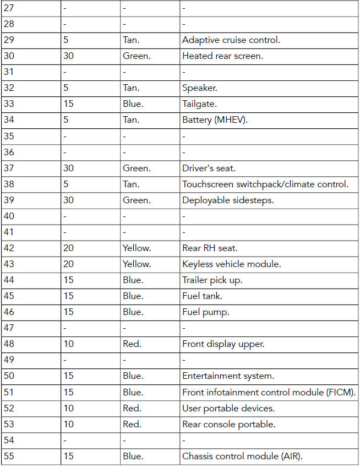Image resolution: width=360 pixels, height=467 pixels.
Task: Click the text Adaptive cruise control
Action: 231,40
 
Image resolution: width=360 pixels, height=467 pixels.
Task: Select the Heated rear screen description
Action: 222,56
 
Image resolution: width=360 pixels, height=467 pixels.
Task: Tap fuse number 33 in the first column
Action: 9,104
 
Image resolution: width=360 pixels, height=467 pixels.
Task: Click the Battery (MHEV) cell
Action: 215,120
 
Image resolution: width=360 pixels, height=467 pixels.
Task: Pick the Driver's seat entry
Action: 209,169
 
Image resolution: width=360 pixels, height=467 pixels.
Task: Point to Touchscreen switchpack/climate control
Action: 265,184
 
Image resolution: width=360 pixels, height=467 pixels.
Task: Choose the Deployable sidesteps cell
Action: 228,200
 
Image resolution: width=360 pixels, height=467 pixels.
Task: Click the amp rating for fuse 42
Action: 68,248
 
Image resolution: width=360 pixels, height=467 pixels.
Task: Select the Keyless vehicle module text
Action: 231,264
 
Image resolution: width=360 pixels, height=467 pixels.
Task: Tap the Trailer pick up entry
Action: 212,280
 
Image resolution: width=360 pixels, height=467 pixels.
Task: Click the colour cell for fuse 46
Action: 133,312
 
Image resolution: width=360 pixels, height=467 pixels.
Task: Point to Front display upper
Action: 223,344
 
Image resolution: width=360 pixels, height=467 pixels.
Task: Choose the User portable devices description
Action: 228,409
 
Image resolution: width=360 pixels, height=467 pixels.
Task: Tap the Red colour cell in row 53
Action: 132,425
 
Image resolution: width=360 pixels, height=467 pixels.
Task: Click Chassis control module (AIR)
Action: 242,457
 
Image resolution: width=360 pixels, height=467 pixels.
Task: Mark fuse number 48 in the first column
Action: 9,344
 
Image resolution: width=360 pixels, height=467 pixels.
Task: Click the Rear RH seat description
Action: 210,248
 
